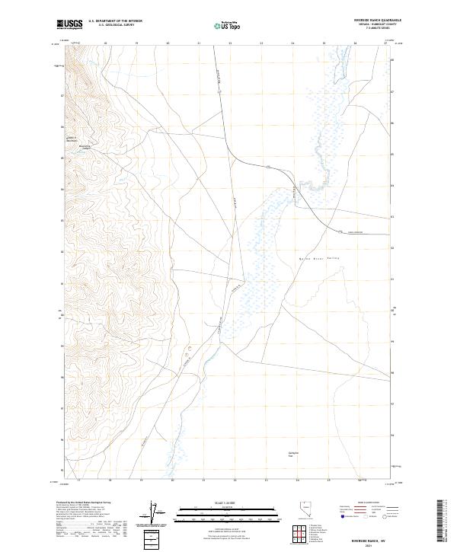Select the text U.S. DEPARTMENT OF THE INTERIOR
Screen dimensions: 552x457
115,21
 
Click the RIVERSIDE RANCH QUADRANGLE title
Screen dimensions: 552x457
376,21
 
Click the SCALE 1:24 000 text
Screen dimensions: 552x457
228,503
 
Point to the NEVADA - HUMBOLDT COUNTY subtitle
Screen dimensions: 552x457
376,25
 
